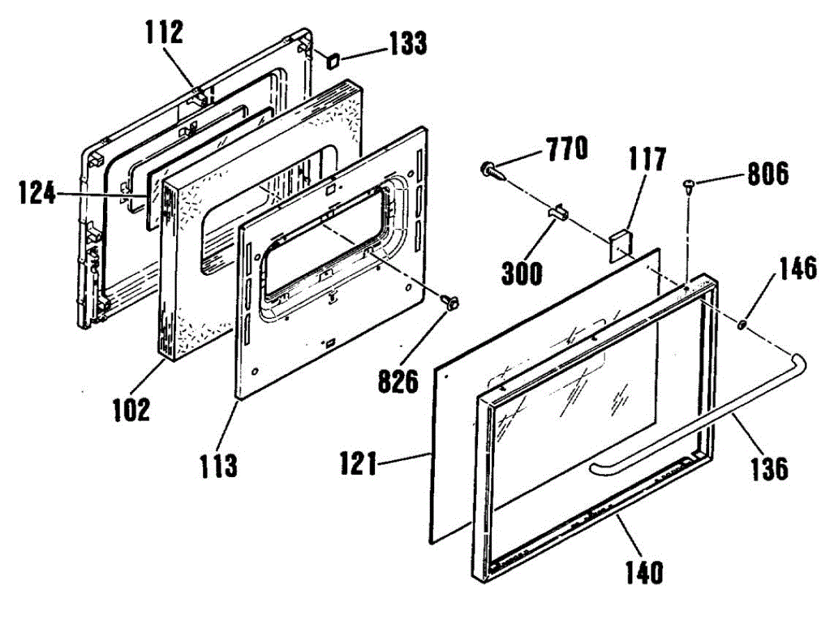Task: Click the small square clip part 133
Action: point(333,61)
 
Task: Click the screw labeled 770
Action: point(491,168)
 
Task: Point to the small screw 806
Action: point(687,185)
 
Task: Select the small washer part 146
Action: point(742,325)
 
